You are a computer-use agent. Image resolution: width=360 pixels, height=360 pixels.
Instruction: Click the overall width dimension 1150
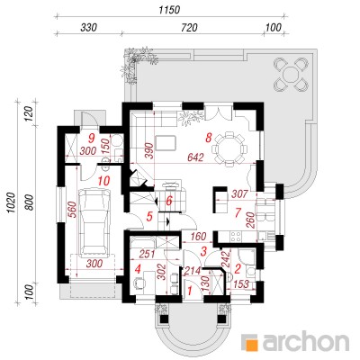point(169,10)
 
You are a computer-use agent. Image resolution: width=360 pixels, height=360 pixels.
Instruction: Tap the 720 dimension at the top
point(190,28)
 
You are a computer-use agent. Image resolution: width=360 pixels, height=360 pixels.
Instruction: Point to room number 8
point(209,138)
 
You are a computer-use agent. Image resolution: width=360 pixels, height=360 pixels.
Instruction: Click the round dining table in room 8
point(229,149)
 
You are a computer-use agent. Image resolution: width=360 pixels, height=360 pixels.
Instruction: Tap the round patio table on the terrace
point(290,74)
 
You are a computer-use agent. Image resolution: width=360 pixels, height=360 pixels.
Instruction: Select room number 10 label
point(103,181)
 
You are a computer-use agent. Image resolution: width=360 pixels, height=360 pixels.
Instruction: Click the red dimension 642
point(195,157)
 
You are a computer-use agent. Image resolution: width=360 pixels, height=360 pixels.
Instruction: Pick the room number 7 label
point(238,212)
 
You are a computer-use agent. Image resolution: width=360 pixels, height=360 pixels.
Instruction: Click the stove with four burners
point(236,236)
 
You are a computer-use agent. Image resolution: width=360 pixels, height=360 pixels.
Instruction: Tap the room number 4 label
point(138,269)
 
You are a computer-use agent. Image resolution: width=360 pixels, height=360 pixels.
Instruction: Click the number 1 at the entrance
point(190,291)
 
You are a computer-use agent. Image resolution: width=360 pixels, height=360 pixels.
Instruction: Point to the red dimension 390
point(149,151)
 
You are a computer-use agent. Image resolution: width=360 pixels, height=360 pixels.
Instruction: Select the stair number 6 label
point(169,201)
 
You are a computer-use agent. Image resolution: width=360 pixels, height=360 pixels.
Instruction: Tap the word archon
point(306,341)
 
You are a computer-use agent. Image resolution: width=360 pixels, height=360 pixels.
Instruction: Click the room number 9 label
point(92,139)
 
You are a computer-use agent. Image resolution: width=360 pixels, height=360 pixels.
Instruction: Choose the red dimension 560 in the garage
point(73,210)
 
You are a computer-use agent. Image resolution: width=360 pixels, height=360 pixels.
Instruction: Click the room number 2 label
point(238,268)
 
